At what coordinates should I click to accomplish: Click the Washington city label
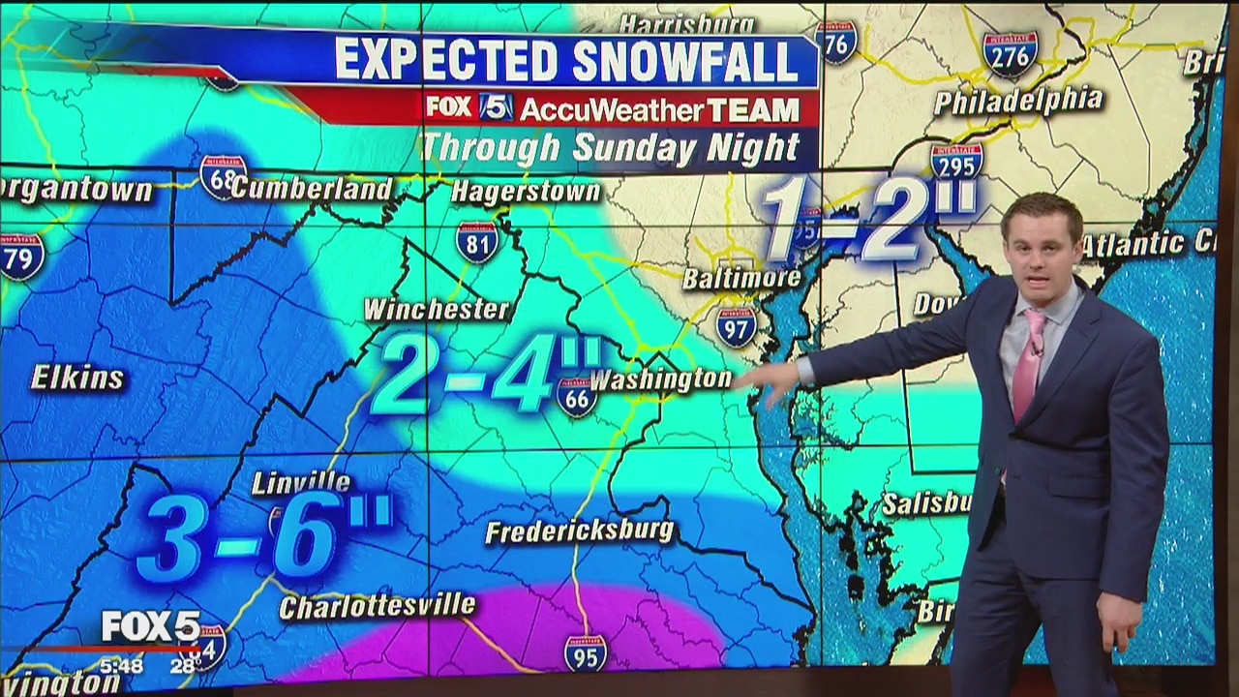661,379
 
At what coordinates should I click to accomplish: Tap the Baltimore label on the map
741,278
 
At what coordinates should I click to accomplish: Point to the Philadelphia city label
1017,101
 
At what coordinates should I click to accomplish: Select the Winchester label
437,310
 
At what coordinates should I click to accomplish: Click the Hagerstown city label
526,191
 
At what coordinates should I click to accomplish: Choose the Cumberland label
311,188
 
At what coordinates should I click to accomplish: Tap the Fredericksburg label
579,530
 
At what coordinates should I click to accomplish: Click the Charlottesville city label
378,606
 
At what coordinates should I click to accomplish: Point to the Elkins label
77,378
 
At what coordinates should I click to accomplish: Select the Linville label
301,481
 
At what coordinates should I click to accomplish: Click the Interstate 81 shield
477,242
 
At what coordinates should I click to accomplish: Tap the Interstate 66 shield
577,397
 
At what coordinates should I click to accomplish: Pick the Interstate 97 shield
737,326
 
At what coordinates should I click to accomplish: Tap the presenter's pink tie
1028,364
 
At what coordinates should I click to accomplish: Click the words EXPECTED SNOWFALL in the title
566,61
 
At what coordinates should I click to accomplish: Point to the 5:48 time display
121,666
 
